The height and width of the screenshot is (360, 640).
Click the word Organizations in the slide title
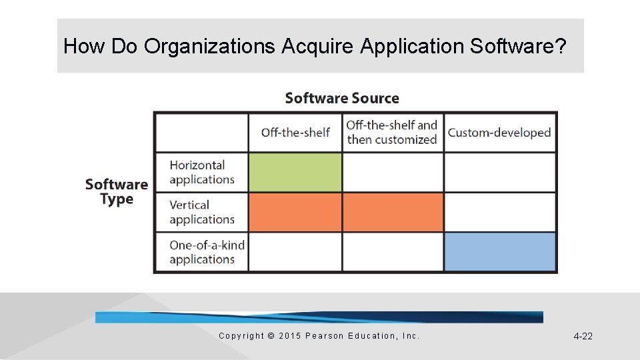pos(209,47)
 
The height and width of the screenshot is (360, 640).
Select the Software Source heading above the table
pos(342,99)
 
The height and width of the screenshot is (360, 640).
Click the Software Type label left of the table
pos(117,192)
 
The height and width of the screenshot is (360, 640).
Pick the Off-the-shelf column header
pos(295,133)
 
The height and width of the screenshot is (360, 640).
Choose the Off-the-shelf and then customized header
pos(392,132)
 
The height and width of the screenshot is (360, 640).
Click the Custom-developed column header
pos(499,133)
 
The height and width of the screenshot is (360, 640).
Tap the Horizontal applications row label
pos(201,172)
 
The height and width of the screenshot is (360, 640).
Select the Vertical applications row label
pos(201,212)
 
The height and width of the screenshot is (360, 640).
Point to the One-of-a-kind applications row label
pos(207,252)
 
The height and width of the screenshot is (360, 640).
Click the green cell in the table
pos(295,173)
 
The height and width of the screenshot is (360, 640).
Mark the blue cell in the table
pos(500,252)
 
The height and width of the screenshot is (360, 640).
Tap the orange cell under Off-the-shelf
pos(295,213)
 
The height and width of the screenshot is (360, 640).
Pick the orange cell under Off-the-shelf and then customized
pos(393,213)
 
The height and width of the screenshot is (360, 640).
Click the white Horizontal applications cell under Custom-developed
pos(500,173)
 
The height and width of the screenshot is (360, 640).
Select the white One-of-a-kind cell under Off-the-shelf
pos(295,252)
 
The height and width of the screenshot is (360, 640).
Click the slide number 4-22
pos(583,337)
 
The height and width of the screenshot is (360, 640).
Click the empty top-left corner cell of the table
pos(201,133)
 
